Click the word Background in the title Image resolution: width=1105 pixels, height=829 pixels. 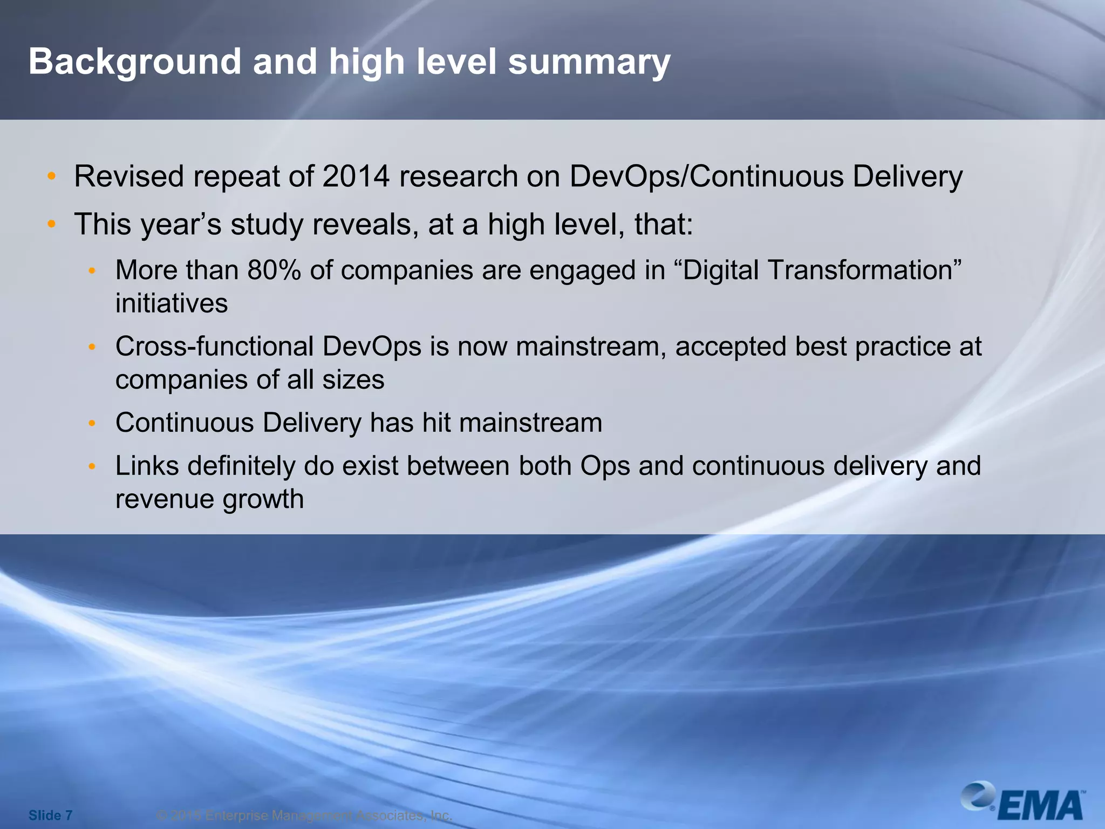(x=135, y=62)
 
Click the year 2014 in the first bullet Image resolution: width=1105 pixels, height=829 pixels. (x=356, y=176)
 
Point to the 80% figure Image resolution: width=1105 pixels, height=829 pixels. (x=274, y=270)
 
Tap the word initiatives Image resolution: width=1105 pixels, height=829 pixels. (x=172, y=303)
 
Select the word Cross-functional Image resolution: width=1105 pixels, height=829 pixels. (x=214, y=346)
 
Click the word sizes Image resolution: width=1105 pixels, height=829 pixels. (x=353, y=379)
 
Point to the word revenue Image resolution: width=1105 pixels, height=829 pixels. (x=165, y=499)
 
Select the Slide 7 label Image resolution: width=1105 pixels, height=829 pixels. (x=50, y=815)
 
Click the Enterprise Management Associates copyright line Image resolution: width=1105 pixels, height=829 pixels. (x=304, y=815)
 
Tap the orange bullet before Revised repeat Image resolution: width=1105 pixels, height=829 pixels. (x=51, y=176)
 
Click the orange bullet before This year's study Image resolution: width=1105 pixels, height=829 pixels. (x=51, y=224)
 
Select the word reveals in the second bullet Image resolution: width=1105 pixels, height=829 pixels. (x=365, y=224)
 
